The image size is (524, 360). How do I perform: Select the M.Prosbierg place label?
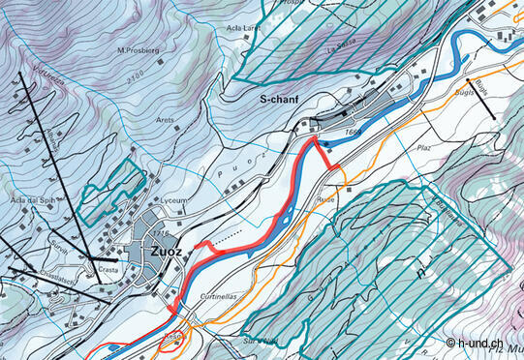click(x=138, y=49)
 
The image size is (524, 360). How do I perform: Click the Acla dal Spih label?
click(x=29, y=199)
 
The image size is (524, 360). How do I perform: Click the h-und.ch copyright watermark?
click(x=483, y=344)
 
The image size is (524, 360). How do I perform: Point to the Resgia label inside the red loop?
click(x=173, y=335)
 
